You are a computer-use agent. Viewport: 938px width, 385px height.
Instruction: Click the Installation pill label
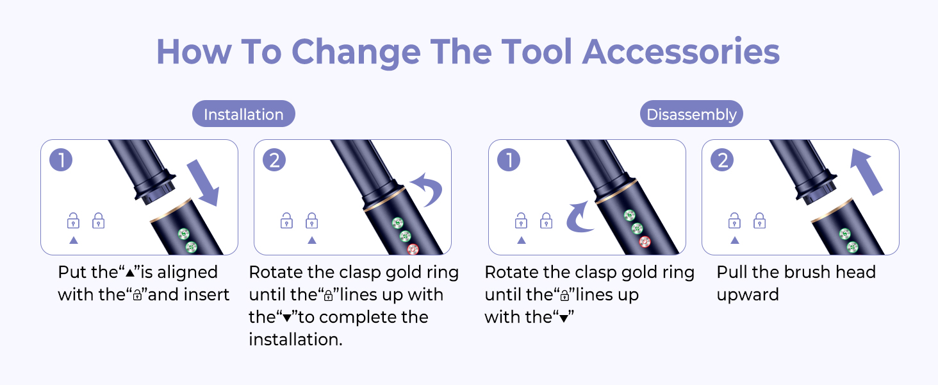tap(243, 114)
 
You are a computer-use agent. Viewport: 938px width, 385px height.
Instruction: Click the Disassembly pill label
tap(691, 114)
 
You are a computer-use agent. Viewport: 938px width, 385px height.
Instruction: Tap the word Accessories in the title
tap(681, 51)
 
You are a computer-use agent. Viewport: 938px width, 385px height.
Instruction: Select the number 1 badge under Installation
tap(61, 160)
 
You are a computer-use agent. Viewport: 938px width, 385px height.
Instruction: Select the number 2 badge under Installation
tap(274, 160)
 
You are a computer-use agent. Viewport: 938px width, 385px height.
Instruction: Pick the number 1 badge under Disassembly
tap(509, 160)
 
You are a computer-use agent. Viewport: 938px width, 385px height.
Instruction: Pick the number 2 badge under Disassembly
tap(722, 160)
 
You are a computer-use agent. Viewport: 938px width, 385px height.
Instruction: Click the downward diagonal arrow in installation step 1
tap(203, 183)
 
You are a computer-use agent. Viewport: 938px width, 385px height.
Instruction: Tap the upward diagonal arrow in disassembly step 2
tap(866, 172)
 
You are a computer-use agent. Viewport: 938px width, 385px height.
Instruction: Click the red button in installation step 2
tap(413, 250)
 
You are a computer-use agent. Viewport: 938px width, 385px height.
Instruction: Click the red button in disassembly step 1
tap(645, 241)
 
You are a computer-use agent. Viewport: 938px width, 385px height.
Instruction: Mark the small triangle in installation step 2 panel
tap(311, 241)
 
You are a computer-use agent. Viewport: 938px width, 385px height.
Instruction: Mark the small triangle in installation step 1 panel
tap(73, 241)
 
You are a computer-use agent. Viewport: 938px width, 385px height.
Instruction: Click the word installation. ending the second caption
tap(295, 339)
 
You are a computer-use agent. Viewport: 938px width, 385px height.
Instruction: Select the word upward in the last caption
tap(748, 295)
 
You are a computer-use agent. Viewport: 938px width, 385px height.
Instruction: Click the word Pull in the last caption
tap(732, 272)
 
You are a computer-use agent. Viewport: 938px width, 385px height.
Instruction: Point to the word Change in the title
tap(356, 53)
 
